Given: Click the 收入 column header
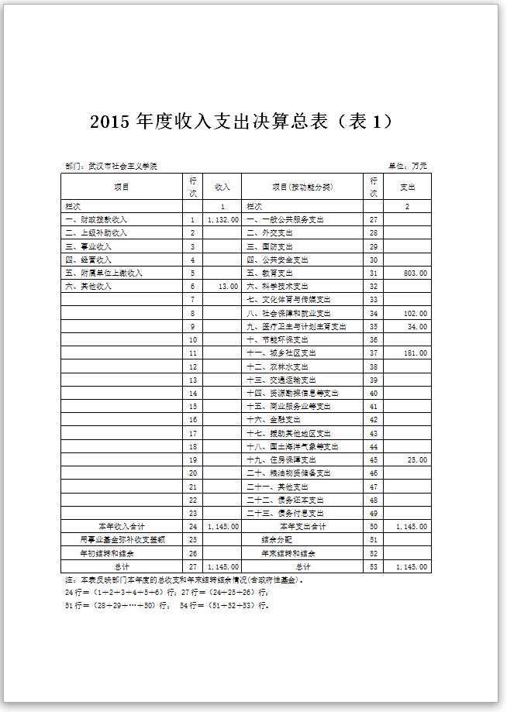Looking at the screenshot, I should click(222, 187).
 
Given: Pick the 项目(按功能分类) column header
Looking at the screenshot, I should click(302, 187).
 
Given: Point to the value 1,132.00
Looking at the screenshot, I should click(222, 220).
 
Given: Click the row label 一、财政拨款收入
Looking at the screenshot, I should click(96, 220).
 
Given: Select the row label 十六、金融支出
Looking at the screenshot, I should click(274, 420).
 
